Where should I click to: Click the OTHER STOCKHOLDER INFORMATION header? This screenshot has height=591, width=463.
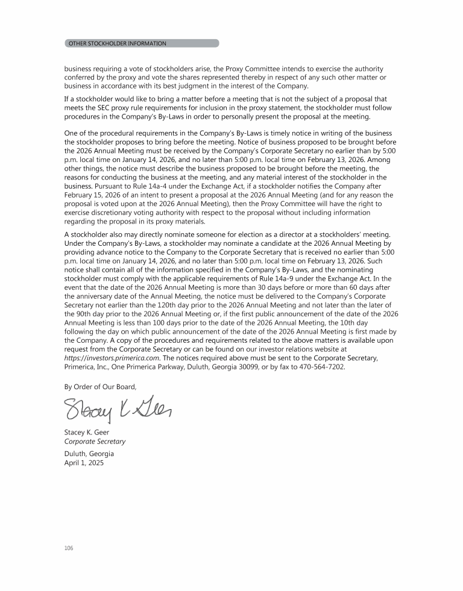click(x=118, y=43)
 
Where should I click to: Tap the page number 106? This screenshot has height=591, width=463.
click(x=68, y=548)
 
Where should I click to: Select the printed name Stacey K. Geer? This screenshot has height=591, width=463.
click(x=86, y=432)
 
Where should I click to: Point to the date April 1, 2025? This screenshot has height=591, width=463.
click(x=84, y=463)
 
